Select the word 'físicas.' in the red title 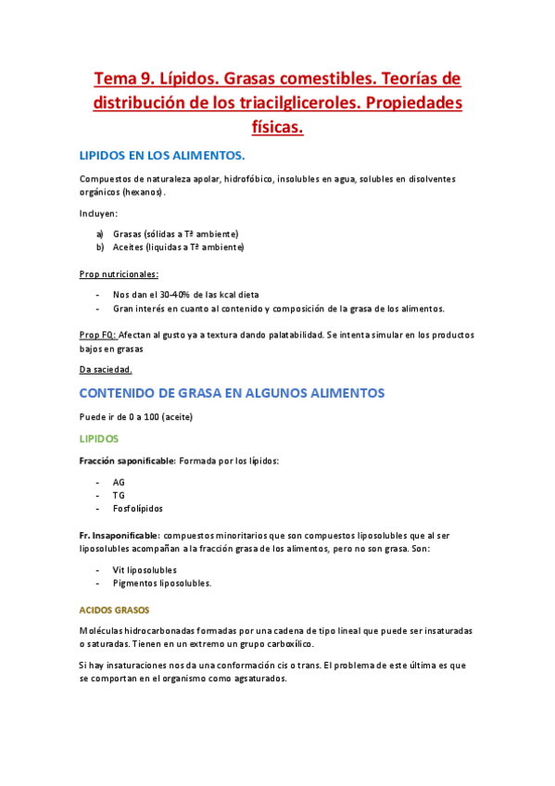tap(277, 127)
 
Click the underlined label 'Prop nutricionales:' tap(119, 274)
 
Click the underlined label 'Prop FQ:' tap(97, 335)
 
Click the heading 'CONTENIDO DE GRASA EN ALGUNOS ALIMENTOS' tap(232, 393)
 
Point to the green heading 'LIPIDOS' tap(99, 438)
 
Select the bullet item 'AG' tap(119, 482)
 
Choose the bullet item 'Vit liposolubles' tap(145, 570)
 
